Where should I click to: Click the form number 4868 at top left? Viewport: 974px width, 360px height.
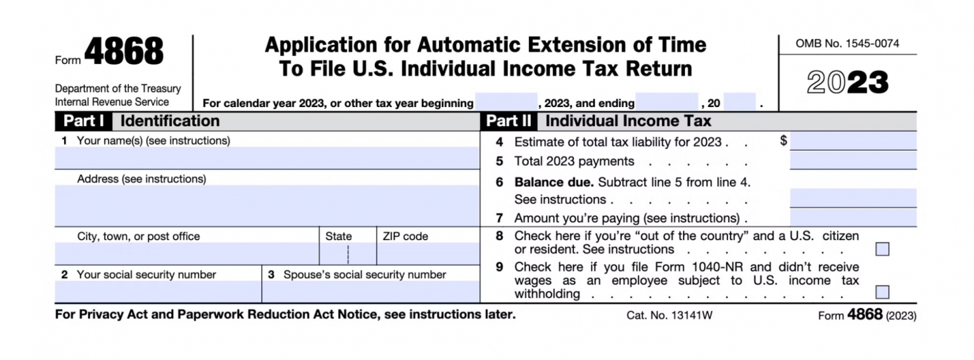124,53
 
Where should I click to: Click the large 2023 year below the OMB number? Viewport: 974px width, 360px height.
847,83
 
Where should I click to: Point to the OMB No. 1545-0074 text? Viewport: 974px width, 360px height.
847,44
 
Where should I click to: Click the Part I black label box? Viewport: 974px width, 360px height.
84,121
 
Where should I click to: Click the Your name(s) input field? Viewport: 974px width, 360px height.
267,158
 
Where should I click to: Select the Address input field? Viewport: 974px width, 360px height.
267,205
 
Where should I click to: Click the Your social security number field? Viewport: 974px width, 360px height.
158,292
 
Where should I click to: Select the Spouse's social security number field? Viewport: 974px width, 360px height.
370,292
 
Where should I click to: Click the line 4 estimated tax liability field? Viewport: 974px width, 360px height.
853,141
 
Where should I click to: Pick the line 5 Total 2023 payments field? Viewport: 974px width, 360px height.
853,160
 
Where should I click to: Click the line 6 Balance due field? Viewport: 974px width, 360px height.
853,198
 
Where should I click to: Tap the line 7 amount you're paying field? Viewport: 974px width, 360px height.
853,217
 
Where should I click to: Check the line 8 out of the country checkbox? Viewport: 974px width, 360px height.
882,249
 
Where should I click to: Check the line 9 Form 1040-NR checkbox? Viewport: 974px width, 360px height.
882,292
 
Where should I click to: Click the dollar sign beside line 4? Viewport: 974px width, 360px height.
784,141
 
